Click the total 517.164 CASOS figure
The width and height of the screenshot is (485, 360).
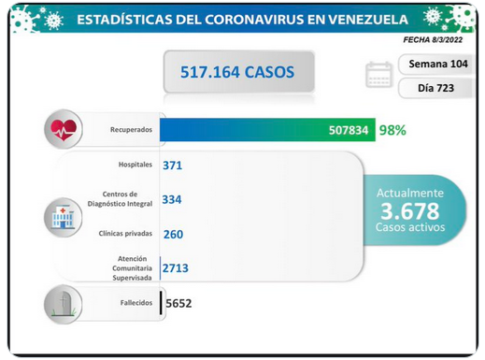pos(237,72)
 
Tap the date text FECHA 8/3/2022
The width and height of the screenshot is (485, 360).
pos(433,39)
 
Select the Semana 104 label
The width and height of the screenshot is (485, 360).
pos(438,64)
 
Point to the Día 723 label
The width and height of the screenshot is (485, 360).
pos(435,88)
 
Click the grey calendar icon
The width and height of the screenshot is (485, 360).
pos(378,75)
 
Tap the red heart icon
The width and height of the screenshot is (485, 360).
pos(64,130)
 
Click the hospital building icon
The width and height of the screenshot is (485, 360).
pos(63,218)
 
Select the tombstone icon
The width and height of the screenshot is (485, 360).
pos(64,304)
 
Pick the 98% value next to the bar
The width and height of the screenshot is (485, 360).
pos(392,130)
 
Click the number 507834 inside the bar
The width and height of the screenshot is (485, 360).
pos(349,130)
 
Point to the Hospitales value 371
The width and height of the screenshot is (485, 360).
pos(172,166)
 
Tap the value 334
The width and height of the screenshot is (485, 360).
pos(172,199)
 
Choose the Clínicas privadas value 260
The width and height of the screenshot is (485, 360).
pos(173,234)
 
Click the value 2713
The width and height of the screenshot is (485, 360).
pos(176,268)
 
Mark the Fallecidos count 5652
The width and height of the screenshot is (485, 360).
pos(178,303)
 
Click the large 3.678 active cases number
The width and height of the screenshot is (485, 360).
pos(410,211)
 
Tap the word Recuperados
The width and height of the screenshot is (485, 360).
pos(131,130)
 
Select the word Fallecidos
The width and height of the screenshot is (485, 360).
pos(136,303)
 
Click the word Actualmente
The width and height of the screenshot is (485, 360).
pos(410,194)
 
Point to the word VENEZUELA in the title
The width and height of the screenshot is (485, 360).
pos(368,20)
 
